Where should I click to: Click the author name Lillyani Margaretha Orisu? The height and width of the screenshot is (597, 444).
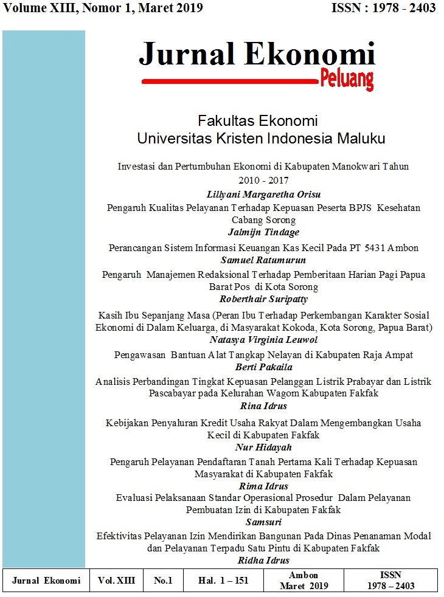pos(263,195)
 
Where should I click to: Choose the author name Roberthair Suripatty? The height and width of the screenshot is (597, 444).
pos(263,298)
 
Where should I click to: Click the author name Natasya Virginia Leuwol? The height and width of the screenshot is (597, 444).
pos(263,340)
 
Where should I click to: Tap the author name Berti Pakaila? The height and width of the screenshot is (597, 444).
pos(263,367)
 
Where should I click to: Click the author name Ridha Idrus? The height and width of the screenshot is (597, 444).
pos(263,560)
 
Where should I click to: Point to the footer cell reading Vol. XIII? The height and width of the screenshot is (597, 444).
pos(116,581)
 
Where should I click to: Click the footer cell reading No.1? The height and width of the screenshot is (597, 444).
pos(163,581)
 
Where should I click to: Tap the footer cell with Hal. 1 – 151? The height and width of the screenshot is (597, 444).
pos(223,581)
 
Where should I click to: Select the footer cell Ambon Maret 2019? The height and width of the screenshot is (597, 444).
pos(304,581)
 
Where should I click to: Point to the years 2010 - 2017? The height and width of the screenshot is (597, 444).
pos(263,180)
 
